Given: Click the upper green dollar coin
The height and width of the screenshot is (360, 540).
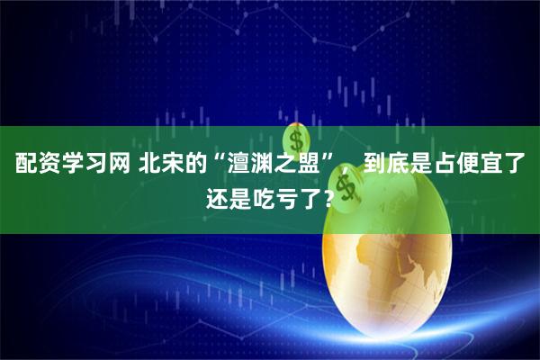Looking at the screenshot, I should [x=297, y=141].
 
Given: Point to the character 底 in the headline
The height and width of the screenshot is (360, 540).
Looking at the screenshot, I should [x=400, y=165].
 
